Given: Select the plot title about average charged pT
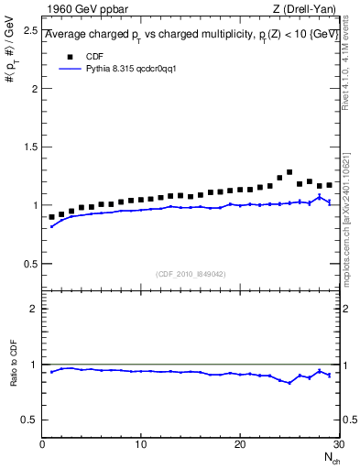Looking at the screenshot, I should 192,34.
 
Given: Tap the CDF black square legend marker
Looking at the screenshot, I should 67,57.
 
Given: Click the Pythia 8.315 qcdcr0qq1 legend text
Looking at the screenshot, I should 125,69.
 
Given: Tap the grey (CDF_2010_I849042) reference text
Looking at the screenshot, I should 191,274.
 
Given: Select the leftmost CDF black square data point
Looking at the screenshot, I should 52,217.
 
